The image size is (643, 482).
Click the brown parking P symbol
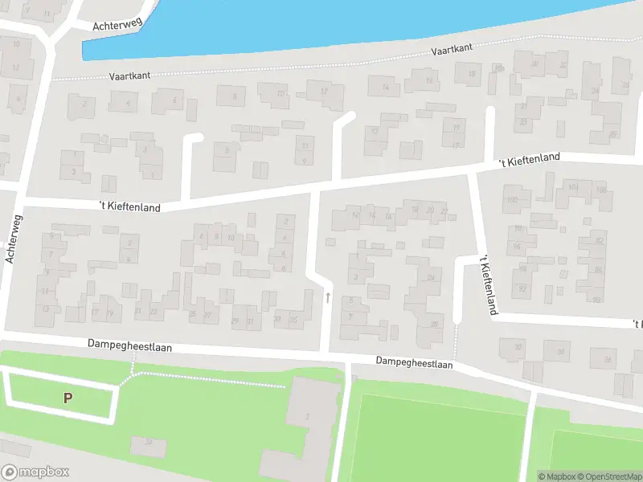pyautogui.click(x=68, y=397)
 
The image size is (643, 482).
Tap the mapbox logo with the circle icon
pyautogui.click(x=35, y=472)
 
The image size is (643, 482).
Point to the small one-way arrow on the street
pyautogui.click(x=328, y=297)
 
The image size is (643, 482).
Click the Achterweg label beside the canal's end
pyautogui.click(x=117, y=24)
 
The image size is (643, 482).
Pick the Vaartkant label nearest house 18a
pyautogui.click(x=451, y=50)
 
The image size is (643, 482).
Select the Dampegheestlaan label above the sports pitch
pyautogui.click(x=414, y=362)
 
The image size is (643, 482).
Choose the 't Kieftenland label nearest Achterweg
pyautogui.click(x=129, y=206)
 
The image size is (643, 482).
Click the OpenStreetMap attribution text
pyautogui.click(x=615, y=476)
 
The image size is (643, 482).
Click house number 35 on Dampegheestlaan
pyautogui.click(x=294, y=320)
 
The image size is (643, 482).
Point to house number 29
pyautogui.click(x=235, y=321)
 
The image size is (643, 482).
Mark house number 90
pyautogui.click(x=596, y=299)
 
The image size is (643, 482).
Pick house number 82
pyautogui.click(x=599, y=240)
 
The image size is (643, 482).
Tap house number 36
pyautogui.click(x=608, y=359)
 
